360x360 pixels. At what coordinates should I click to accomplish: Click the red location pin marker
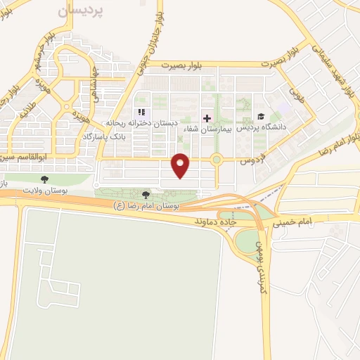point(181,166)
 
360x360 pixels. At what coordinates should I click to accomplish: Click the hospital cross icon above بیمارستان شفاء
point(207,117)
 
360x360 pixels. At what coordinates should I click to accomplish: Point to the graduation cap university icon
point(261,117)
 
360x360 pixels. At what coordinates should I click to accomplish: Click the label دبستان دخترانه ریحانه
point(149,122)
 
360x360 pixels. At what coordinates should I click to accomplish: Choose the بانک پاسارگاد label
point(106,134)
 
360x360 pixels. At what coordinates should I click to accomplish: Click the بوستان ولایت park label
point(44,190)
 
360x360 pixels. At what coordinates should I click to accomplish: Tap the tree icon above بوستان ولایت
point(45,179)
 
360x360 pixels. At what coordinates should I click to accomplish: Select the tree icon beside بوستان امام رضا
point(146,195)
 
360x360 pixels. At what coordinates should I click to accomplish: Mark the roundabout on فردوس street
point(217,160)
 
